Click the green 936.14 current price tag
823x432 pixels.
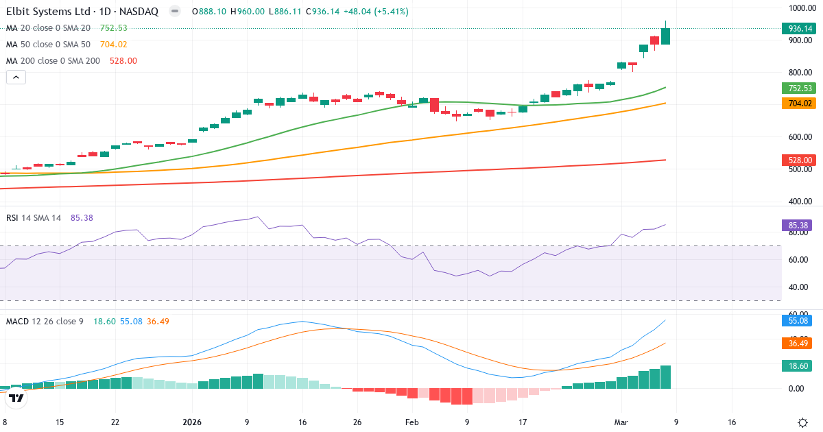(799, 28)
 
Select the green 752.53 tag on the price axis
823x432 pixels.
(799, 88)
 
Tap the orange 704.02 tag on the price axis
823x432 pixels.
(799, 104)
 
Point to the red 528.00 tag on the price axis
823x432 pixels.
(799, 160)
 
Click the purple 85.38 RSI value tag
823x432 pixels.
(799, 225)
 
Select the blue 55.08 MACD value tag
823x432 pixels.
(799, 320)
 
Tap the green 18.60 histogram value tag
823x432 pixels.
(799, 366)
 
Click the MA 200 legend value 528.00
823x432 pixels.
(123, 61)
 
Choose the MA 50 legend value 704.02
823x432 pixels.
(114, 45)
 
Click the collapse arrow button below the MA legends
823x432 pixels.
(16, 77)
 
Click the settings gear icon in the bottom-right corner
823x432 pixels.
(802, 422)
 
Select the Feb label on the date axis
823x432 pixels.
(411, 422)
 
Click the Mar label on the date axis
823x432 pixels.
(621, 422)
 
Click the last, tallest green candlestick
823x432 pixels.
(665, 36)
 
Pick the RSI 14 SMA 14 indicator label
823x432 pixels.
(34, 218)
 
